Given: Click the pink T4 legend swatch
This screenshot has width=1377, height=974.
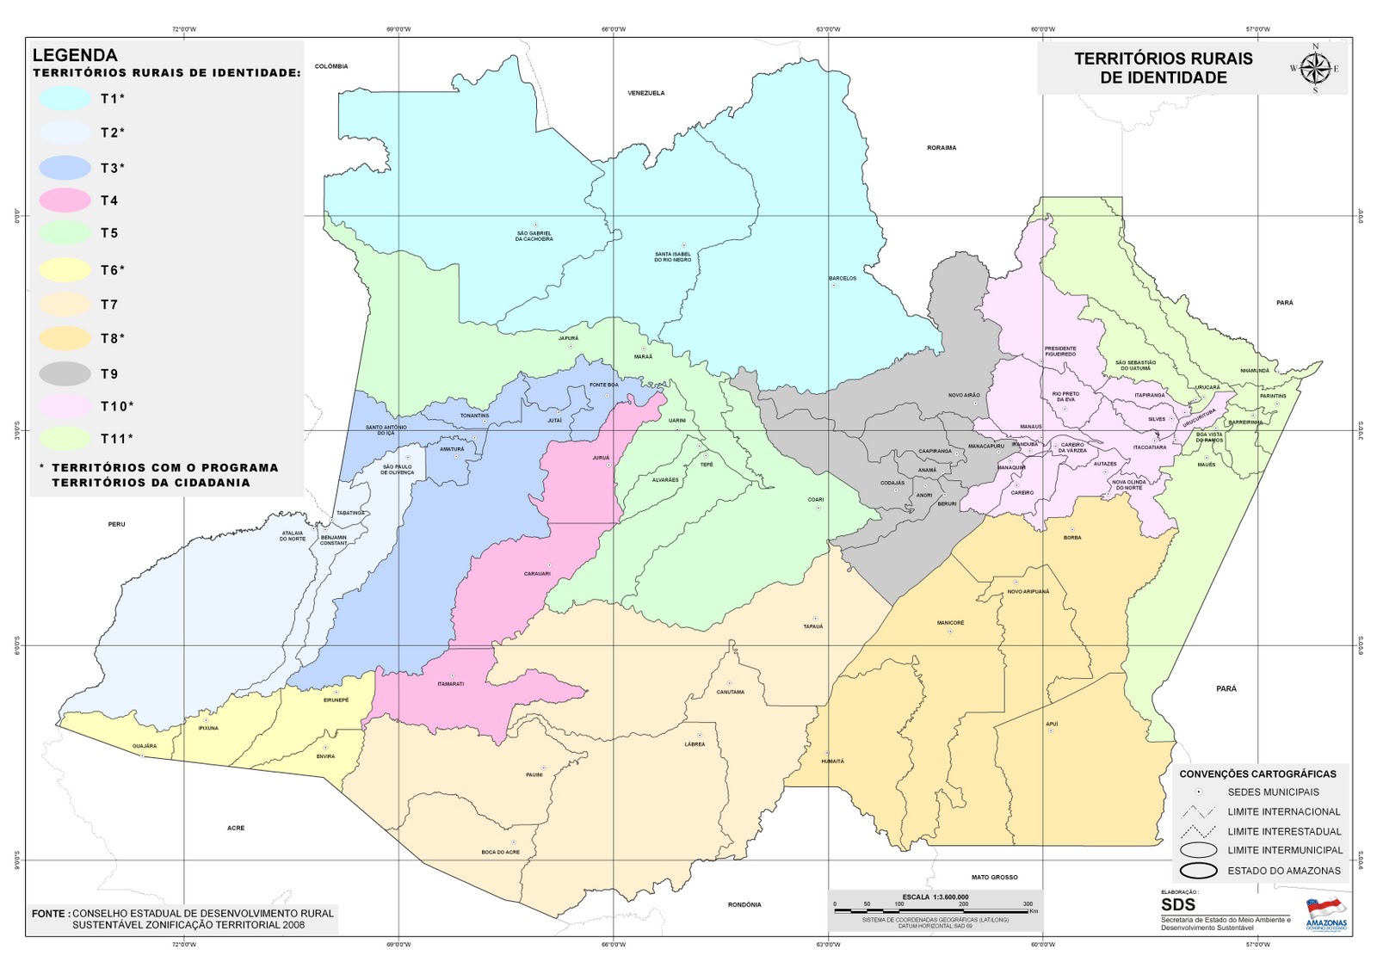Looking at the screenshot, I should pos(65,200).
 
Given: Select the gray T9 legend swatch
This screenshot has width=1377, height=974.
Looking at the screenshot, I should pos(65,373).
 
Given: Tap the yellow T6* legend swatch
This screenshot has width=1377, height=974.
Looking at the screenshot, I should pos(65,270).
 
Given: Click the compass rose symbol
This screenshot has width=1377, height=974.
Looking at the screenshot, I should pos(1315,68).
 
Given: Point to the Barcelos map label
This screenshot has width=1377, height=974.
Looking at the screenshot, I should pos(843,278).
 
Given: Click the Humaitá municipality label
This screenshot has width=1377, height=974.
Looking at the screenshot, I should pos(832,761).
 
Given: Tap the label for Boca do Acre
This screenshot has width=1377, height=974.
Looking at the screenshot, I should pos(500,852).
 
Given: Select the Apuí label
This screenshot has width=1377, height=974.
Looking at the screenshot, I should pos(1052,724).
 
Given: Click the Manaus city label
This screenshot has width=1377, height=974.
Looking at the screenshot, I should pos(1030,427).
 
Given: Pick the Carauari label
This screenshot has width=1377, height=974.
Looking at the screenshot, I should pos(537,574).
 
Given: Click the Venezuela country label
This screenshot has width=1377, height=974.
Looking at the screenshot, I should pos(645,93).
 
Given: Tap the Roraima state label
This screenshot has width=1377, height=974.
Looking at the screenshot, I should pos(942,148).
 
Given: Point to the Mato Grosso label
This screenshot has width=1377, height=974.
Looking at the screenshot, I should pos(994,877).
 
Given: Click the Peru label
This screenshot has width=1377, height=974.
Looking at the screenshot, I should pos(116,524).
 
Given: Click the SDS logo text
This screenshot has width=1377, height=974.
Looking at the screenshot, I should pos(1178,905).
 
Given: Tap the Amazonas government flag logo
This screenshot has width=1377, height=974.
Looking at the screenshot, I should pos(1325,909).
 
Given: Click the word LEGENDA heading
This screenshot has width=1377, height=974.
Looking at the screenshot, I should pos(75,55).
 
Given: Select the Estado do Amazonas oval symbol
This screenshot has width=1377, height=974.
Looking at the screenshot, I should pos(1199,870).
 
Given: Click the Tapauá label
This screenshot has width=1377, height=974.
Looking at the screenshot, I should pos(812,626).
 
